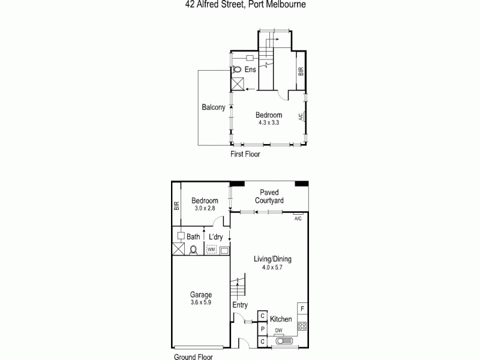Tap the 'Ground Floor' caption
pos(193,356)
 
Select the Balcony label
pos(213,108)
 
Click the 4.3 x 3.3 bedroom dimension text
pos(268,123)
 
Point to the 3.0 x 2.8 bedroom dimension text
pos(205,208)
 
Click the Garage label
pos(200,295)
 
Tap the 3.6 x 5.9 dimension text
pos(200,303)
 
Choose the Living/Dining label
pos(272,259)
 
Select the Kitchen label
pos(281,319)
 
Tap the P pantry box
pos(262,329)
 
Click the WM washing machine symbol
pos(211,249)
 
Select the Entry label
pos(240,305)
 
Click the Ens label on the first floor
pos(250,70)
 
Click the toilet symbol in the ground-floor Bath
pos(193,249)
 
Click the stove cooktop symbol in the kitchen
pos(302,326)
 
